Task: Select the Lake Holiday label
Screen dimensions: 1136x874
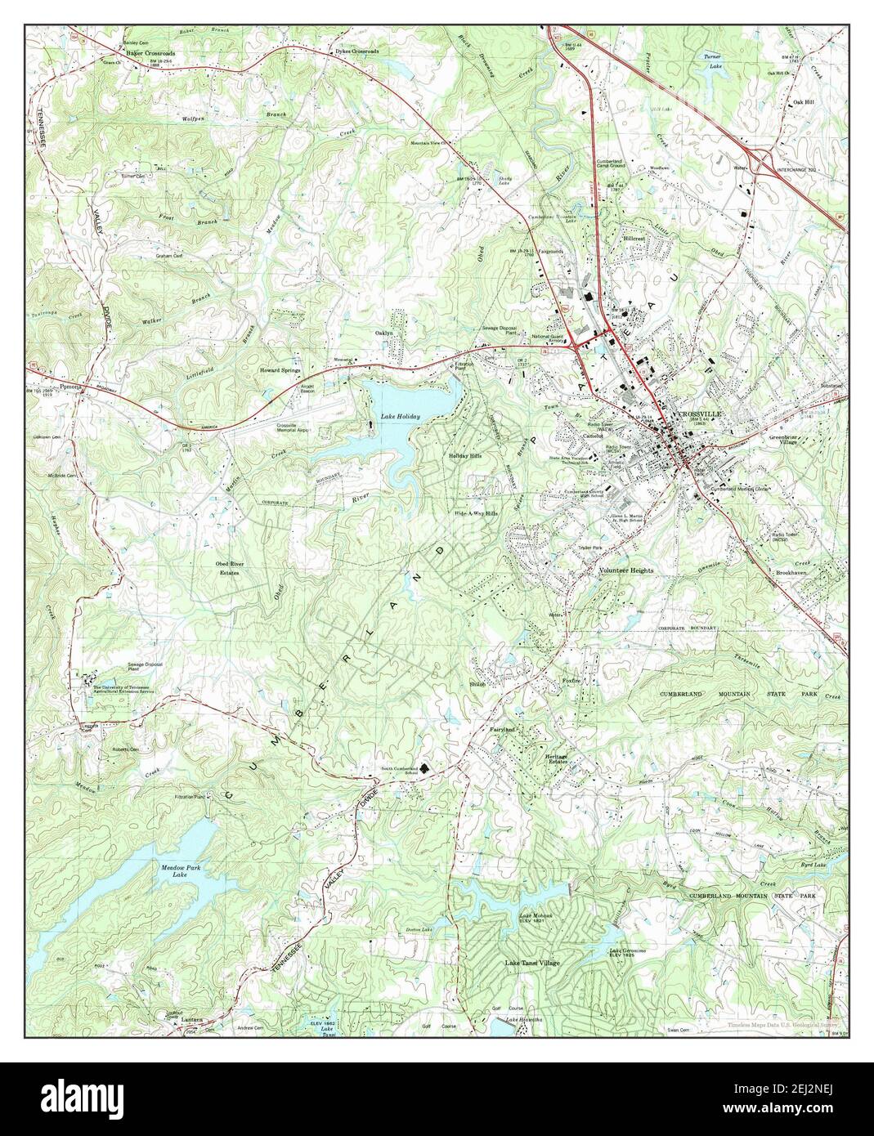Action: [x=400, y=417]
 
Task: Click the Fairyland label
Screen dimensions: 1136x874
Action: [x=502, y=728]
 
